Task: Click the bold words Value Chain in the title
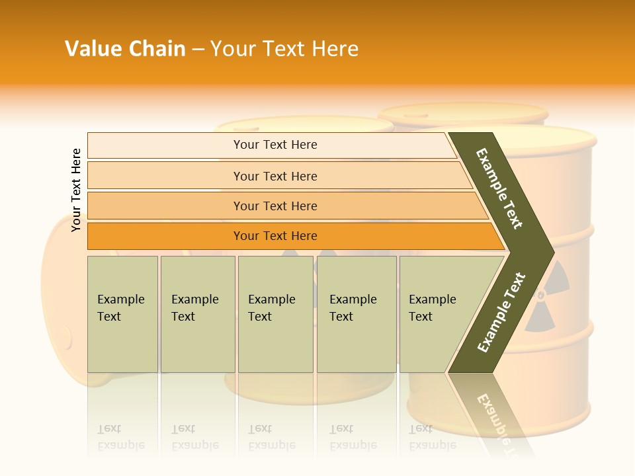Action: point(125,49)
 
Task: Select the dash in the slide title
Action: point(198,49)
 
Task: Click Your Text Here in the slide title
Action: point(284,49)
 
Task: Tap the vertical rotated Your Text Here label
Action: point(76,190)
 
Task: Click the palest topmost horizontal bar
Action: point(275,145)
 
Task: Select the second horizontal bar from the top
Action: point(275,176)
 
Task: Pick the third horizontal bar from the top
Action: point(275,206)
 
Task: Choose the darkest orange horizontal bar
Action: point(275,236)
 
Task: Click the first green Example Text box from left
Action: point(122,314)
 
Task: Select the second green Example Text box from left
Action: point(197,314)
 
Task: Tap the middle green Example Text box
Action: point(275,314)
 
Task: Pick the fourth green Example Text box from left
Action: point(356,314)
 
